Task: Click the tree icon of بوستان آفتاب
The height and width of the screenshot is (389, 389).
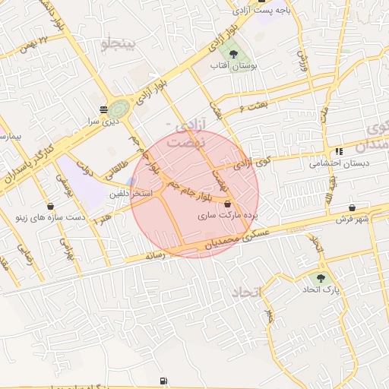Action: coord(234,55)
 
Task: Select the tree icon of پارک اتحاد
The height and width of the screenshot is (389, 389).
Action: coord(322,278)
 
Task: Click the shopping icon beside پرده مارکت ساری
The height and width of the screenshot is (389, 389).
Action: coord(228,204)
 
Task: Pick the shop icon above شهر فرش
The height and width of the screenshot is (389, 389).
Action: coord(353,207)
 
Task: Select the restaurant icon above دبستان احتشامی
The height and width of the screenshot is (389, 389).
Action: coord(339,151)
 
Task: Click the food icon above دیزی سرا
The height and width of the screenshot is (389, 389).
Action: coord(103,109)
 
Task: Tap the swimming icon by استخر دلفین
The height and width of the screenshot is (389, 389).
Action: coord(133,182)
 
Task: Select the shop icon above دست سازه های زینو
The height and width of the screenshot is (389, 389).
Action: coord(50,206)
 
